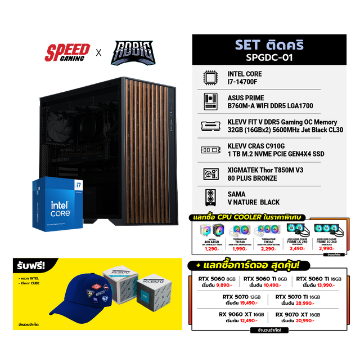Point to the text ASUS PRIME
click(246, 97)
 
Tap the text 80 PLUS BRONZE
click(252, 178)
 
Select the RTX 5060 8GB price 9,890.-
click(221, 286)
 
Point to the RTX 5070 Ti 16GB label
click(298, 296)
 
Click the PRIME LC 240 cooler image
click(298, 229)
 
